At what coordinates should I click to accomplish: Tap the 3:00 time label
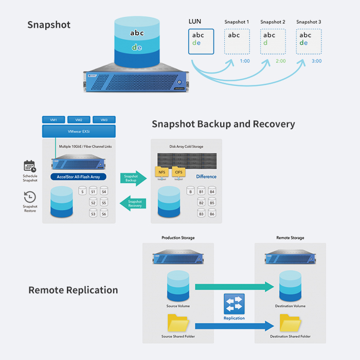[x=316, y=61]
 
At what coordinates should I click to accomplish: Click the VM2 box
[x=79, y=120]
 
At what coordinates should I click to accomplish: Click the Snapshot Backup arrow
[x=133, y=178]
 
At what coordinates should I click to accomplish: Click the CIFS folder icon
[x=179, y=172]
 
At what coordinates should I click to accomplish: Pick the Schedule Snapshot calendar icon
[x=30, y=166]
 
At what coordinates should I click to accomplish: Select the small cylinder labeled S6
[x=104, y=213]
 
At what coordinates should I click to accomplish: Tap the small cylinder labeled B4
[x=211, y=192]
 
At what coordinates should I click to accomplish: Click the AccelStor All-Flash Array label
[x=79, y=177]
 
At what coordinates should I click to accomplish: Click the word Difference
[x=206, y=176]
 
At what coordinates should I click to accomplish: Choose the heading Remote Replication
[x=73, y=290]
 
